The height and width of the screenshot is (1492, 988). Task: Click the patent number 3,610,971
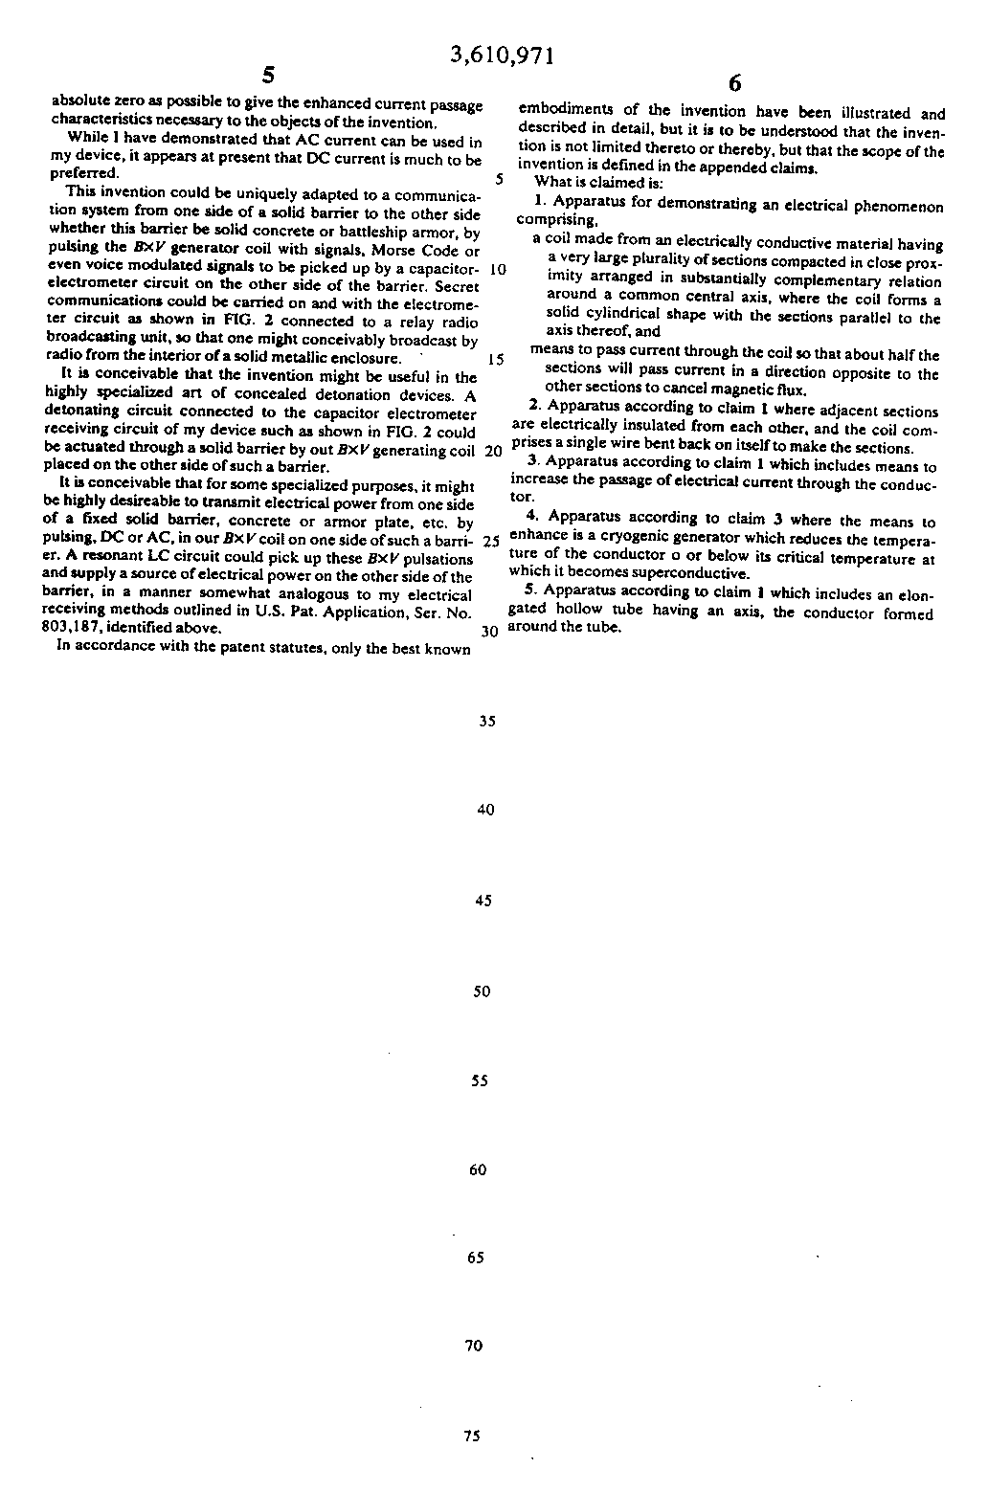click(x=502, y=56)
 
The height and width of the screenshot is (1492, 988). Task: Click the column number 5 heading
click(x=268, y=77)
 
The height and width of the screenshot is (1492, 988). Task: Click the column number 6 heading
click(x=734, y=82)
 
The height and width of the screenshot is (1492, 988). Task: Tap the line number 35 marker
click(x=486, y=722)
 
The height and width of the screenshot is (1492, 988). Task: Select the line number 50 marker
click(x=481, y=991)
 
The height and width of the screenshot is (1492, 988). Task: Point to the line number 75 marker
click(x=471, y=1436)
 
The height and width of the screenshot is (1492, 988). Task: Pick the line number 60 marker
click(x=479, y=1169)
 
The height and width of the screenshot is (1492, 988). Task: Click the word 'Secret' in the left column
click(x=457, y=286)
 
